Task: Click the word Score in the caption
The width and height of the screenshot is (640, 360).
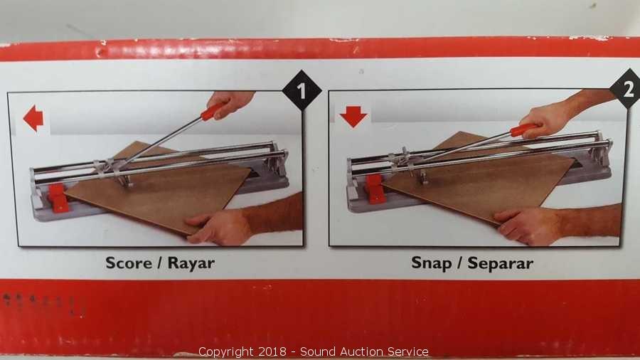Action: click(129, 263)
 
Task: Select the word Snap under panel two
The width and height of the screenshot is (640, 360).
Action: click(431, 263)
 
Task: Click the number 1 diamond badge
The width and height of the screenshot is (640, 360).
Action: click(302, 90)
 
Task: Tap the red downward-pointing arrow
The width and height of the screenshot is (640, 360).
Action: click(353, 117)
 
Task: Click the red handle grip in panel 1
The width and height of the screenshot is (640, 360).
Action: click(212, 112)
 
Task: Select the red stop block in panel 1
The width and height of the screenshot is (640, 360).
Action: click(58, 198)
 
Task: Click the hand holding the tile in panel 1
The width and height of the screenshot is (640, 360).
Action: click(218, 227)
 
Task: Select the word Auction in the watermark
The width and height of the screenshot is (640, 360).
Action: click(363, 351)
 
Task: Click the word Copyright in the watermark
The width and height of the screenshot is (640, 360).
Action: click(225, 352)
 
